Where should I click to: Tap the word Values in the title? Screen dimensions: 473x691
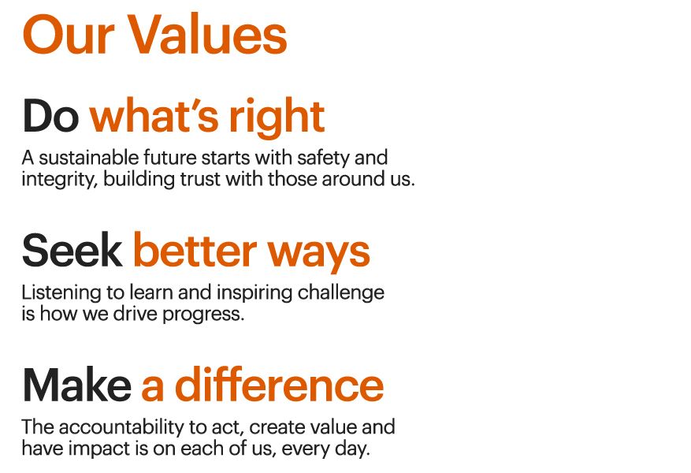[x=206, y=35]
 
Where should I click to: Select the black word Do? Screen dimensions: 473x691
[x=50, y=117]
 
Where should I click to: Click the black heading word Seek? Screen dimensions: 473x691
[x=72, y=251]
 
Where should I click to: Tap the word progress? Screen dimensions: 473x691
[x=208, y=315]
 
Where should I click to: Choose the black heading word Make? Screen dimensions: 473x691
[x=76, y=385]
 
